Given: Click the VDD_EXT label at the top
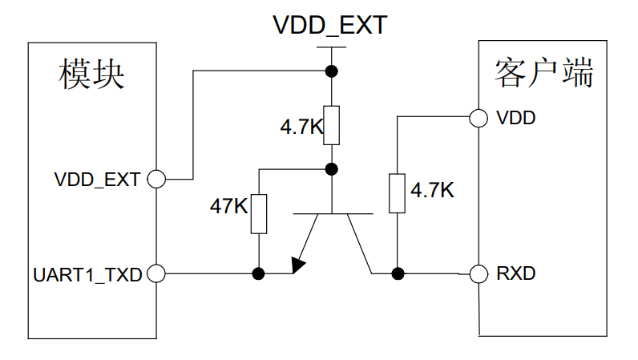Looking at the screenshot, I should (329, 25).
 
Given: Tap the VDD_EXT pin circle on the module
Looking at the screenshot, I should (157, 179).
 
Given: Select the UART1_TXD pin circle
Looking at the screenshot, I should (157, 274).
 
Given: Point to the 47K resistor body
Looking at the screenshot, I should (258, 213).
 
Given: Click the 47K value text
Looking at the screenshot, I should (228, 206).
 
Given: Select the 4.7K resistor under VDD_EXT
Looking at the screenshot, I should (330, 125).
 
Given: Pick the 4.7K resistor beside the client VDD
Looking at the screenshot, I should (397, 192).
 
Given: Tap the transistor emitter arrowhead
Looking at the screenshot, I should (300, 264).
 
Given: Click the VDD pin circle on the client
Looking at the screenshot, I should (478, 118).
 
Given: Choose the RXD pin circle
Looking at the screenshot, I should (478, 274).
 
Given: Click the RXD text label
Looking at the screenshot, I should (515, 274).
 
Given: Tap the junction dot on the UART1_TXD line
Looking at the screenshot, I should (258, 274).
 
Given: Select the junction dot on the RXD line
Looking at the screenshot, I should (397, 274).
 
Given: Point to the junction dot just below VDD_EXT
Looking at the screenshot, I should (330, 71).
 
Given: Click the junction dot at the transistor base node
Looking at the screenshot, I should (330, 169).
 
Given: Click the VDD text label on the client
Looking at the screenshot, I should (516, 118).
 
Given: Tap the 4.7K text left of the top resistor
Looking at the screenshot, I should (299, 127).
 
